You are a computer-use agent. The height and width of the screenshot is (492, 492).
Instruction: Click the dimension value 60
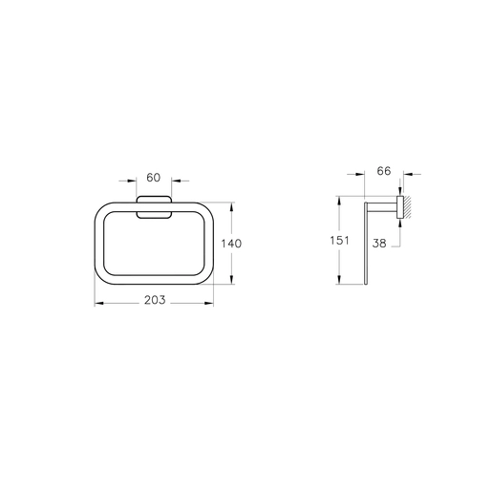pyautogui.click(x=153, y=178)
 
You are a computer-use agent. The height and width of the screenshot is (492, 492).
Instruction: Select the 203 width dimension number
pyautogui.click(x=155, y=300)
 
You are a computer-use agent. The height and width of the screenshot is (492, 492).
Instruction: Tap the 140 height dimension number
pyautogui.click(x=231, y=244)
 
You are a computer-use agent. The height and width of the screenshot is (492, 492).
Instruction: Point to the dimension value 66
pyautogui.click(x=384, y=171)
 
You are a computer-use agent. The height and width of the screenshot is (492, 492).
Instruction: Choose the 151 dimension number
pyautogui.click(x=339, y=240)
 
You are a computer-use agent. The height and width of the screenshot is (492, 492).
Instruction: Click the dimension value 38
pyautogui.click(x=379, y=244)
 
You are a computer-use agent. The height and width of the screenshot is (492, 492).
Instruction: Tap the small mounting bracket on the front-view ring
pyautogui.click(x=154, y=207)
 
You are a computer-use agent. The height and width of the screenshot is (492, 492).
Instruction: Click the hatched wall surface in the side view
pyautogui.click(x=408, y=207)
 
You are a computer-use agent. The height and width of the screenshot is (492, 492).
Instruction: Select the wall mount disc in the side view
pyautogui.click(x=400, y=207)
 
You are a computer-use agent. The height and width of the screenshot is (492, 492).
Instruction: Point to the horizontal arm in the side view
pyautogui.click(x=382, y=207)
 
